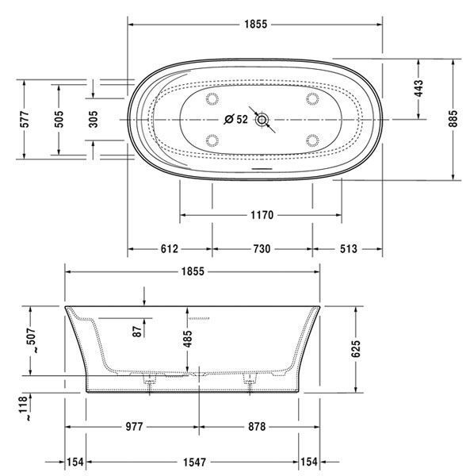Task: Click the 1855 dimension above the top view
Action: [256, 25]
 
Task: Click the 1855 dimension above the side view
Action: [193, 271]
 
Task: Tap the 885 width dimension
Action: [453, 119]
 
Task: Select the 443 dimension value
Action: [418, 88]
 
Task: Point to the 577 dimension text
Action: [25, 119]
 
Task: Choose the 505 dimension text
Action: [59, 119]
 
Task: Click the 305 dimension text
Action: [94, 119]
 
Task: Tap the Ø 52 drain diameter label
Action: [236, 119]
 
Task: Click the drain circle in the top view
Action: [262, 120]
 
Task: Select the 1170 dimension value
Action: [262, 215]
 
